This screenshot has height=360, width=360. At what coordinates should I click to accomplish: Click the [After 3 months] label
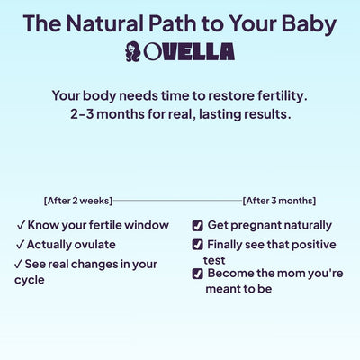click(x=279, y=201)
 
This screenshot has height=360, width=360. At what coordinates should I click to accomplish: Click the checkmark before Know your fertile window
click(x=20, y=225)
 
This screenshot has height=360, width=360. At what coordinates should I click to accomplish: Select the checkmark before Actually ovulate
click(x=20, y=244)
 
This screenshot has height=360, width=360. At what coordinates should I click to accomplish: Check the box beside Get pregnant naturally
click(x=198, y=226)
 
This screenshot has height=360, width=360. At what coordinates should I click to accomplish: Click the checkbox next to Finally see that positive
click(x=198, y=245)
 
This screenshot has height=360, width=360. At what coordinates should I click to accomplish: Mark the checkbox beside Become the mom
click(x=198, y=274)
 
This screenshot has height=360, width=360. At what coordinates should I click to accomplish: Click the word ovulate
click(x=96, y=244)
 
